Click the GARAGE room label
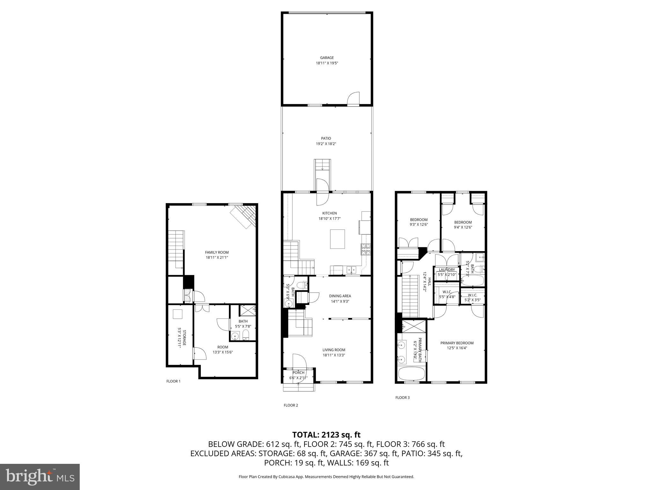tap(327, 58)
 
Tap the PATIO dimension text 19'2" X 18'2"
tap(326, 144)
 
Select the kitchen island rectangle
tap(337, 239)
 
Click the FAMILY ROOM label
tap(217, 252)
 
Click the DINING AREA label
tap(340, 296)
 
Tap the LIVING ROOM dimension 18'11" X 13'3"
tap(334, 355)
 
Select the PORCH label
tap(298, 373)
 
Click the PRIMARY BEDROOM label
tap(457, 343)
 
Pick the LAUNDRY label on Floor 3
tap(447, 270)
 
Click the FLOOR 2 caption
tap(291, 405)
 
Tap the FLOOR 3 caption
tap(402, 397)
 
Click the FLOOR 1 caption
tap(173, 381)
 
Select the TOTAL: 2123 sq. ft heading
tap(326, 435)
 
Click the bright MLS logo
tap(40, 477)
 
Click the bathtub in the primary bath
tap(412, 374)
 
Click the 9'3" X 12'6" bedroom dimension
tap(419, 225)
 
